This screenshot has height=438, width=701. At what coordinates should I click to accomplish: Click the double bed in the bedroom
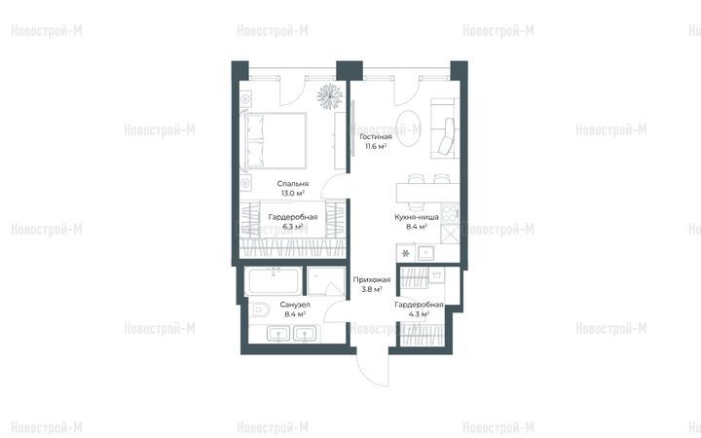coord(276,140)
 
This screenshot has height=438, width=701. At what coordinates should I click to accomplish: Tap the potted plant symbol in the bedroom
coord(330,96)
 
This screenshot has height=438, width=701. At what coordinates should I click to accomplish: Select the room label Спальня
coord(293,184)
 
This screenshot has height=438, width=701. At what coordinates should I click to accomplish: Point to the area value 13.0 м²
coord(293,193)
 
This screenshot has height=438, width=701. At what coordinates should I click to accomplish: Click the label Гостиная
coord(376,137)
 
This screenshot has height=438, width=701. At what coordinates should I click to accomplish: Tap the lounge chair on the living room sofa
coord(447,136)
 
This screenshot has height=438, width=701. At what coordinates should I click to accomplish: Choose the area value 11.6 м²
coord(376,146)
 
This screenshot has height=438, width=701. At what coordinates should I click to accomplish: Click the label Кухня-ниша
coord(417,217)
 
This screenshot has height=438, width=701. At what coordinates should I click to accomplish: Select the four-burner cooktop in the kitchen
coord(449,213)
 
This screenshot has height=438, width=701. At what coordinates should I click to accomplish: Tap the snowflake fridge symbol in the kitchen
coord(405,253)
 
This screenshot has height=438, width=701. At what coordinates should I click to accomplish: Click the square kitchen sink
coord(426,253)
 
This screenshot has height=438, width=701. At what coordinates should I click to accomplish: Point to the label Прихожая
coord(372,279)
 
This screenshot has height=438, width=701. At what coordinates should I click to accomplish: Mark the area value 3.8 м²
coord(372,289)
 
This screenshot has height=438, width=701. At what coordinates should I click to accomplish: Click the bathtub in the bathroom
coord(274,281)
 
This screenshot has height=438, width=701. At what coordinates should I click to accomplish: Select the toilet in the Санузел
coord(258,309)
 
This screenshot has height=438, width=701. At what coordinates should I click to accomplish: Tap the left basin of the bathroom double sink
coord(278,334)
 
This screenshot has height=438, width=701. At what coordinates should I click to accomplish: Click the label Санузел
coord(295,305)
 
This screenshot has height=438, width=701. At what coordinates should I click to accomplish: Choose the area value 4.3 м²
coord(419,314)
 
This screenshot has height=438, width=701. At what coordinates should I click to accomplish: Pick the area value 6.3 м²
coord(293,227)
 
